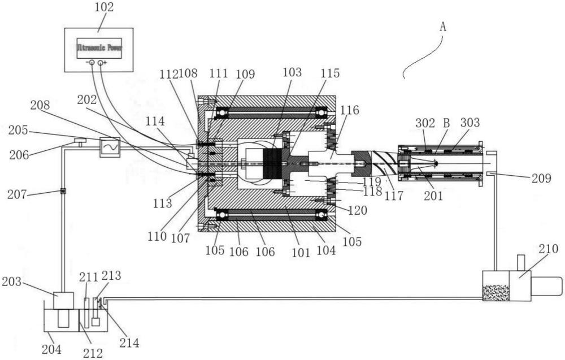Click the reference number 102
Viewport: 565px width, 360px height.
click(x=104, y=7)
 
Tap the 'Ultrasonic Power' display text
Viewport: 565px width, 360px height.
click(x=99, y=47)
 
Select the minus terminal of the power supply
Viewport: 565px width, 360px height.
click(x=92, y=63)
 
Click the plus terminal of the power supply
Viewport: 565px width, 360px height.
click(x=101, y=63)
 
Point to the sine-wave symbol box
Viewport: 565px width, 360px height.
click(x=110, y=147)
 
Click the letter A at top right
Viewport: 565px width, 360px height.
click(x=443, y=27)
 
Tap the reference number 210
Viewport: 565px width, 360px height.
click(x=549, y=249)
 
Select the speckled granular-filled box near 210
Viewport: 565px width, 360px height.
click(x=496, y=292)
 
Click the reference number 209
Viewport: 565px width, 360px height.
click(x=541, y=178)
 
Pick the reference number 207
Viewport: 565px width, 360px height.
click(x=17, y=194)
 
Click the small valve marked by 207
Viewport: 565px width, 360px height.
click(x=63, y=191)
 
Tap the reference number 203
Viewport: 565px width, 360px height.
click(x=11, y=281)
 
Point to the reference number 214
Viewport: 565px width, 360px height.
click(x=129, y=342)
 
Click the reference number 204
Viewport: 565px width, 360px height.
click(x=51, y=349)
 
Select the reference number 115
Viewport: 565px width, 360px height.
click(x=330, y=73)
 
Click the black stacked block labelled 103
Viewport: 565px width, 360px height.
click(x=272, y=163)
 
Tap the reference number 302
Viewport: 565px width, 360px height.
click(x=425, y=123)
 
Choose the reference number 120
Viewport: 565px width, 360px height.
click(x=358, y=210)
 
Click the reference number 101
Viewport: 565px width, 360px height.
click(x=301, y=252)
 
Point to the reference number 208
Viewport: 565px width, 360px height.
click(x=40, y=105)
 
